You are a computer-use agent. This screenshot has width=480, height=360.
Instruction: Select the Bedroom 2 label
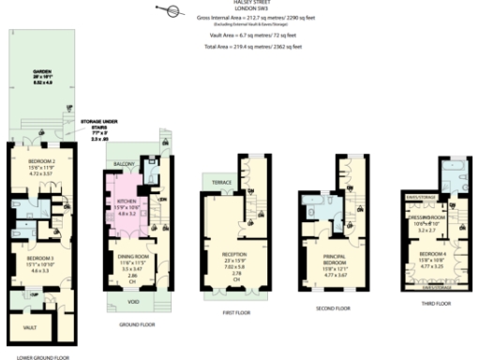(30, 163)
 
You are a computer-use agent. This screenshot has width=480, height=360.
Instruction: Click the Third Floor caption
(435, 303)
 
